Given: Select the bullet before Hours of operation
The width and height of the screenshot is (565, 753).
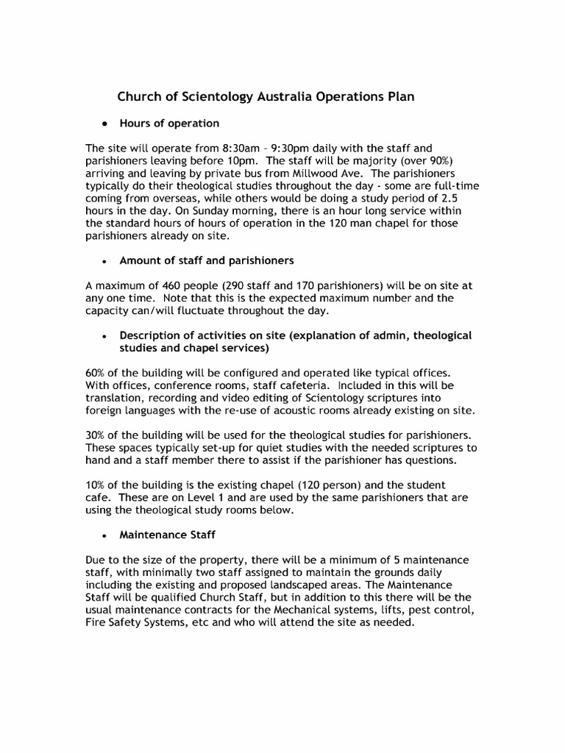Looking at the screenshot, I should tap(106, 124).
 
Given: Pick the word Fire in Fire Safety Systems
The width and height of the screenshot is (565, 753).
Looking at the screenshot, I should tap(96, 622).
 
